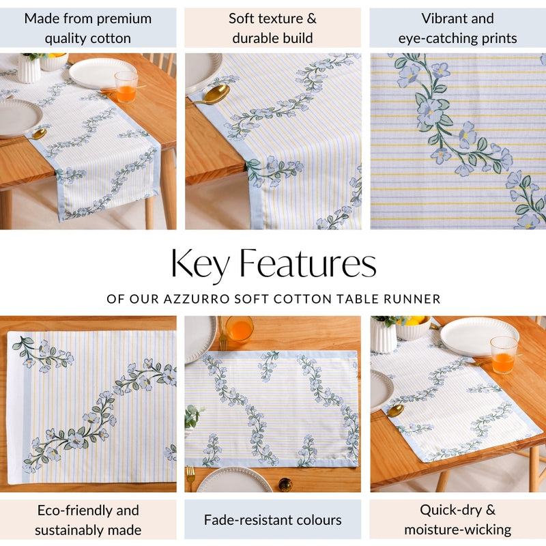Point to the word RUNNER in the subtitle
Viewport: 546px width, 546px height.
click(x=414, y=299)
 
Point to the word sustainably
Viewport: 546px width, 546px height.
click(x=68, y=530)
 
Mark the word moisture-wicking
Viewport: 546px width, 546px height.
click(x=458, y=530)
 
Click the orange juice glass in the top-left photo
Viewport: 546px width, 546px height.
click(x=126, y=87)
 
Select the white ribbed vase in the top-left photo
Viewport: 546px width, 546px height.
click(x=29, y=68)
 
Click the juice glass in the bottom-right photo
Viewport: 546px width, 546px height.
click(x=503, y=354)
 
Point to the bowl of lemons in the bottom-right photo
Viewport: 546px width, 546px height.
click(x=414, y=328)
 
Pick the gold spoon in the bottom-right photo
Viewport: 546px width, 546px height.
click(x=394, y=410)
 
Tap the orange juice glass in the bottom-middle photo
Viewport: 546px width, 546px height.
click(x=239, y=329)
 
